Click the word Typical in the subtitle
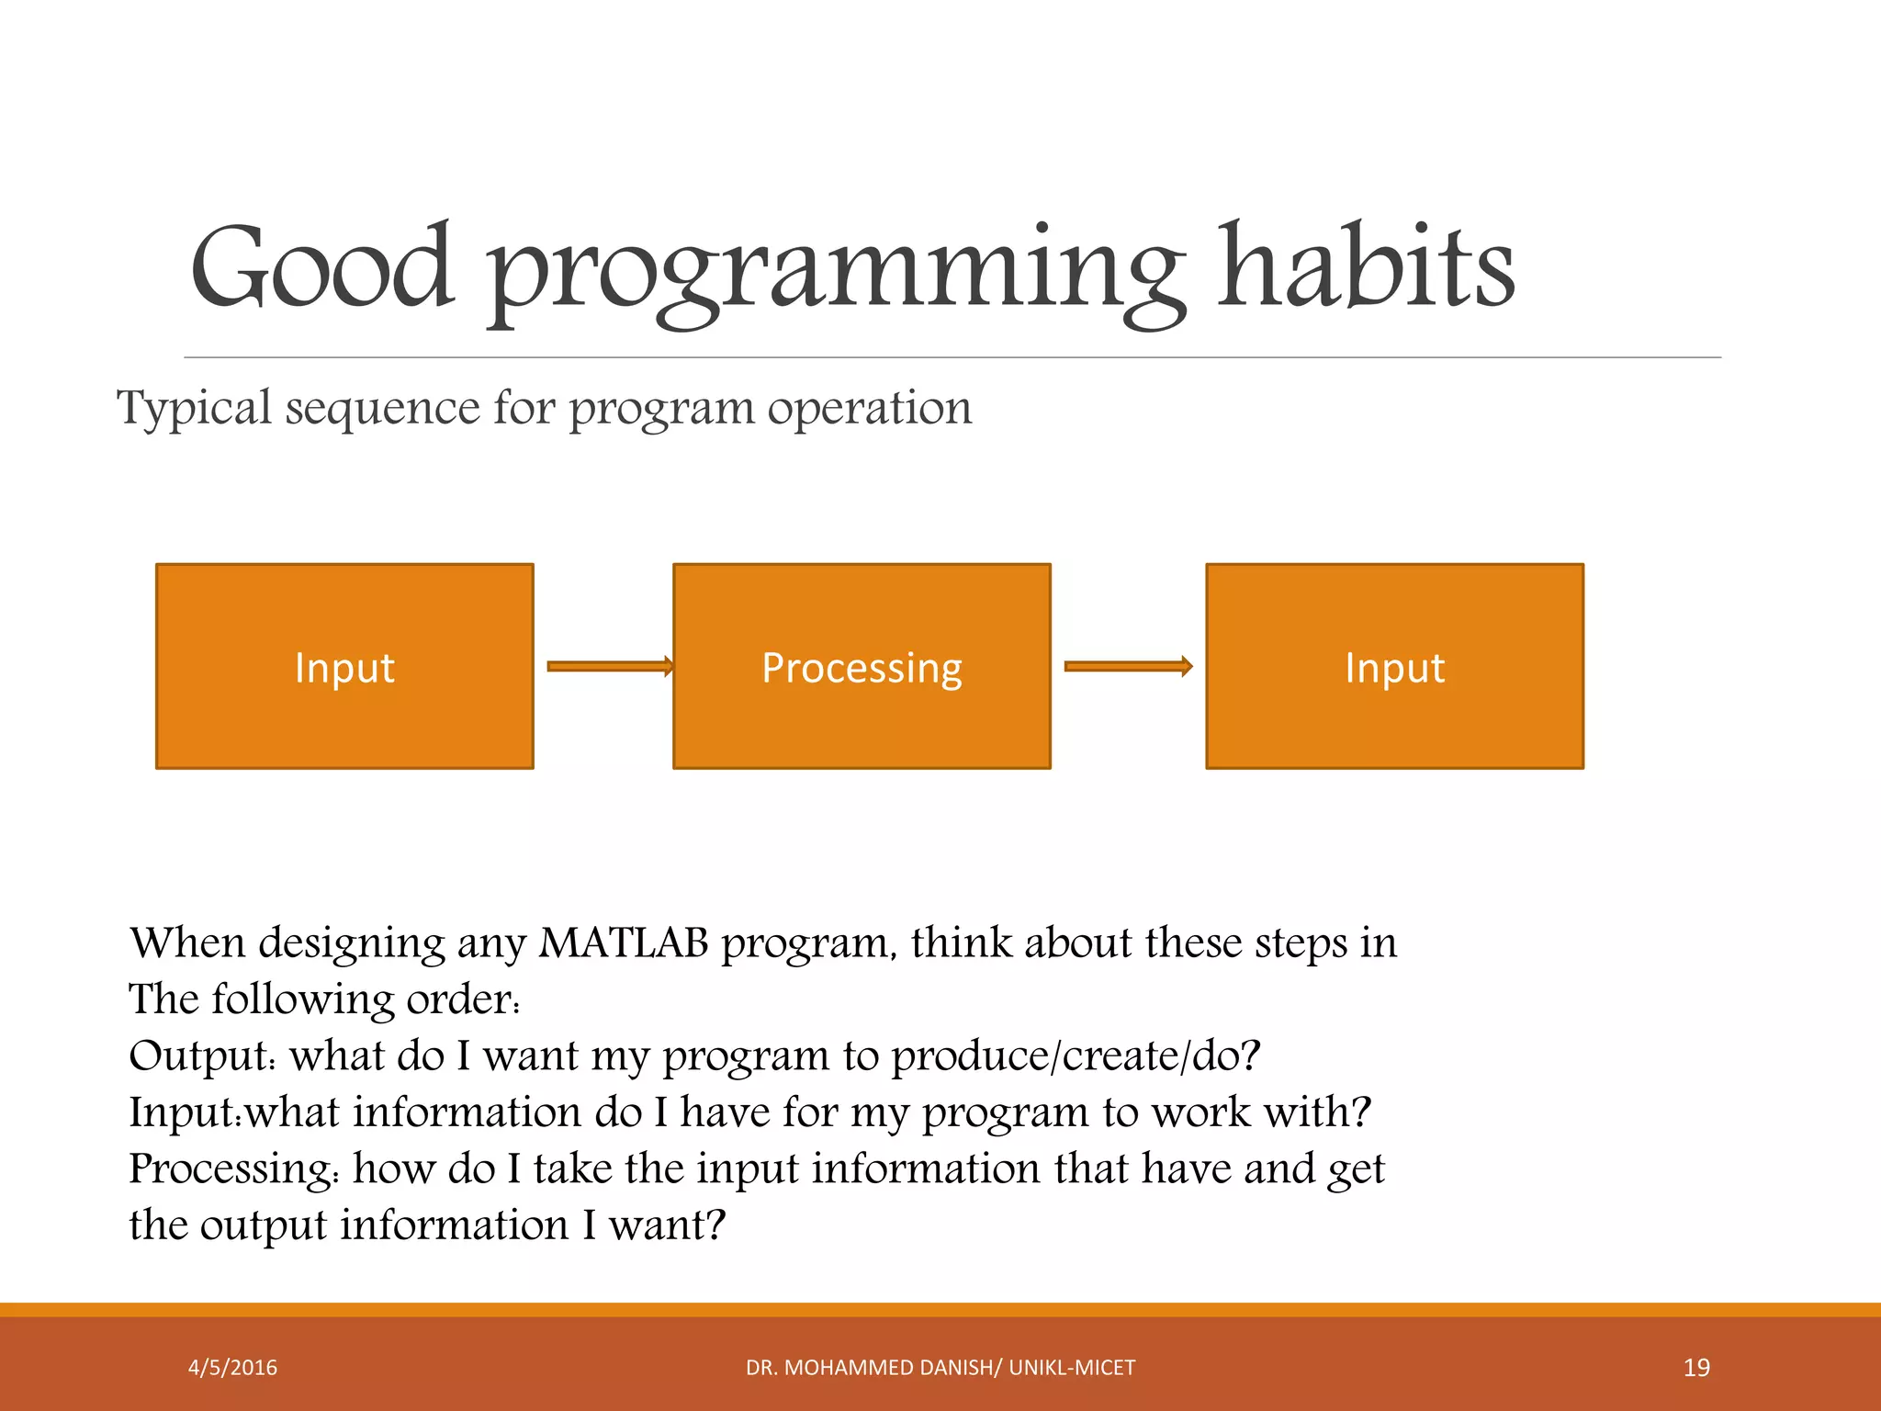(195, 408)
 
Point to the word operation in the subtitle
(870, 408)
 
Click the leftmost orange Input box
(344, 666)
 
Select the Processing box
(862, 666)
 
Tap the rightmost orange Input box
(1394, 666)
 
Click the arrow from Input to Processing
(610, 666)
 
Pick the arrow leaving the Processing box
(1128, 666)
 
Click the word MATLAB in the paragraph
(624, 943)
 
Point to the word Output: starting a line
(202, 1055)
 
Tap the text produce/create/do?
(1076, 1055)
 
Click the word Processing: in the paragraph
(234, 1168)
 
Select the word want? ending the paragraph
(667, 1225)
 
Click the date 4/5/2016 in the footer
(232, 1368)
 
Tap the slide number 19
(1696, 1368)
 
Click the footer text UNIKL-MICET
(1072, 1368)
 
